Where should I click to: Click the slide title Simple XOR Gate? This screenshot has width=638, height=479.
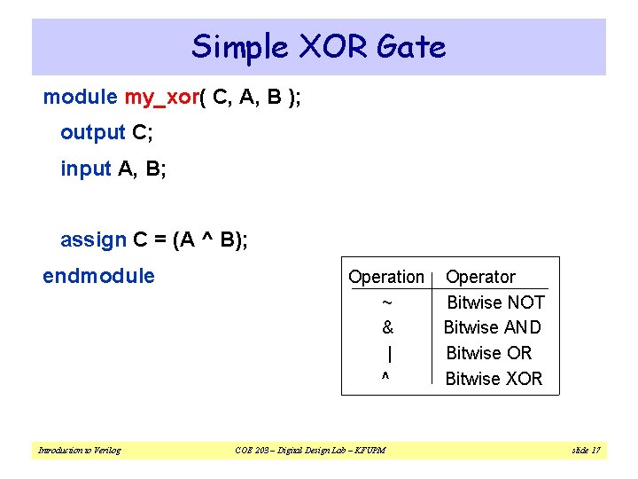point(318,46)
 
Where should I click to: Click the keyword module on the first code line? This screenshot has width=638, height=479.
point(80,97)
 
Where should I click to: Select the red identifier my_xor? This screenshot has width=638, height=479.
point(161,98)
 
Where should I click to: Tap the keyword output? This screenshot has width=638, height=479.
point(92,133)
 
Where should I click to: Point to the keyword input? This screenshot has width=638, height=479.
point(86,169)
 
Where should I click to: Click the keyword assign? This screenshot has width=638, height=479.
point(93,239)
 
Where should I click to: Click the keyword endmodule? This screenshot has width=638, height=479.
point(98,276)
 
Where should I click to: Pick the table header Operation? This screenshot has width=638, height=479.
point(386,277)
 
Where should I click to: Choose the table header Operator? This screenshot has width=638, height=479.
point(480,277)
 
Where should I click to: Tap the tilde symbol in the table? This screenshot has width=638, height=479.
point(386,302)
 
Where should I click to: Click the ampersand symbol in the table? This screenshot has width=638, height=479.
point(387,327)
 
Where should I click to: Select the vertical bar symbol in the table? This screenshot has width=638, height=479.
point(390,353)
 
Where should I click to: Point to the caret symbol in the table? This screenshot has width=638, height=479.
point(385,378)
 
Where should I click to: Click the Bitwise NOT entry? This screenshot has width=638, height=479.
point(495,302)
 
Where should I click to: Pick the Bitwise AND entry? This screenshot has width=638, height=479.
point(493,327)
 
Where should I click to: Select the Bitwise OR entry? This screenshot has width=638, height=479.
point(488,353)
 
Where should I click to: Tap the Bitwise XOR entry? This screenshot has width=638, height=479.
point(494,379)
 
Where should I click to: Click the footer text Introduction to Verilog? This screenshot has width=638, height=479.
point(79,451)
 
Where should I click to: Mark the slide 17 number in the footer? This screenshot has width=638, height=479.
point(586,451)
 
